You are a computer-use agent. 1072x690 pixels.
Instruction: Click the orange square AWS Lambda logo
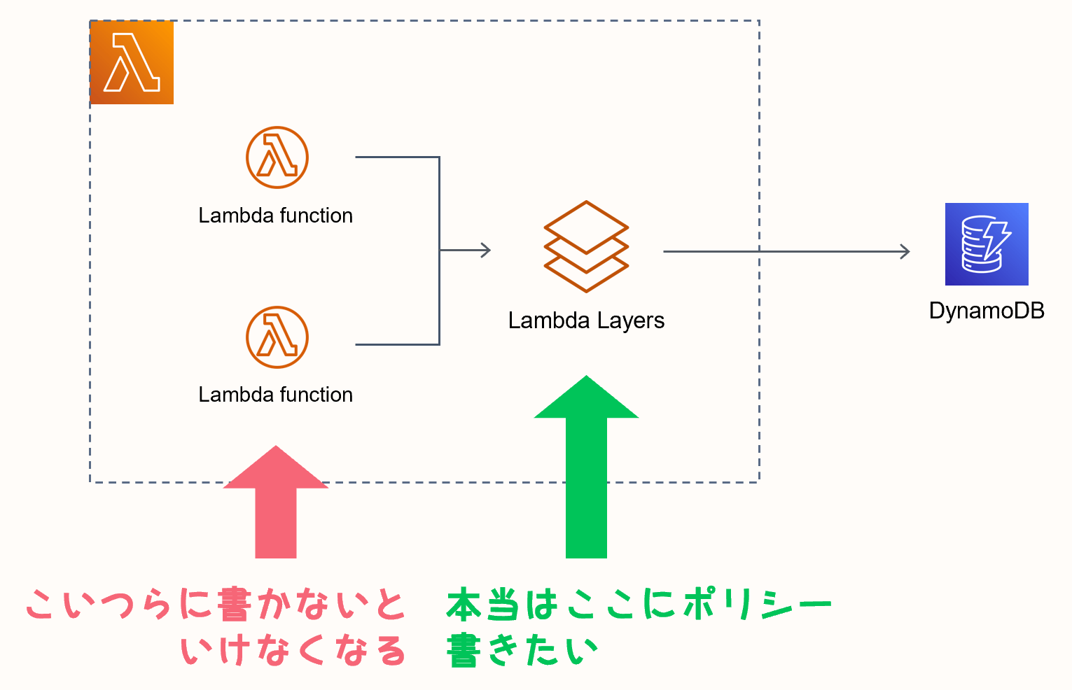pos(132,63)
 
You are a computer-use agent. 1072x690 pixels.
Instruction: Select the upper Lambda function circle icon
pos(277,157)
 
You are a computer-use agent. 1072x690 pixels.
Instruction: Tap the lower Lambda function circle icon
pos(277,337)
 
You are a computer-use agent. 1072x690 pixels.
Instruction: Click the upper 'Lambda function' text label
pos(275,216)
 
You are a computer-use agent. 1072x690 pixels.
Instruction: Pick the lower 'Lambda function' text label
pos(275,395)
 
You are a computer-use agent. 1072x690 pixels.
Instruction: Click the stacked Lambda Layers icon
pos(586,247)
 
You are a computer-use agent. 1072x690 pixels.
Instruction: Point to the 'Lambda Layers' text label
pos(586,321)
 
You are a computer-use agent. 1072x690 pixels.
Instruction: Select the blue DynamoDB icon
pos(987,244)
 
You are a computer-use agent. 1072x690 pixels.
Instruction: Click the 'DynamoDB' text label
pos(987,311)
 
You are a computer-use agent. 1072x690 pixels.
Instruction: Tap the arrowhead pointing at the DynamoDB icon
pos(905,251)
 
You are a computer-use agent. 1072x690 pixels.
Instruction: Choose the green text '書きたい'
pos(522,651)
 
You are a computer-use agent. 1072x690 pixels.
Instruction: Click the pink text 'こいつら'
pos(98,605)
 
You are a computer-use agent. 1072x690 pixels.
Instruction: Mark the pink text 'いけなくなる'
pos(293,651)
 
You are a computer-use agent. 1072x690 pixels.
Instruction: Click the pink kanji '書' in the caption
pos(234,605)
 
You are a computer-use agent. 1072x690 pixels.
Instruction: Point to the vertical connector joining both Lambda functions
pos(439,251)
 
